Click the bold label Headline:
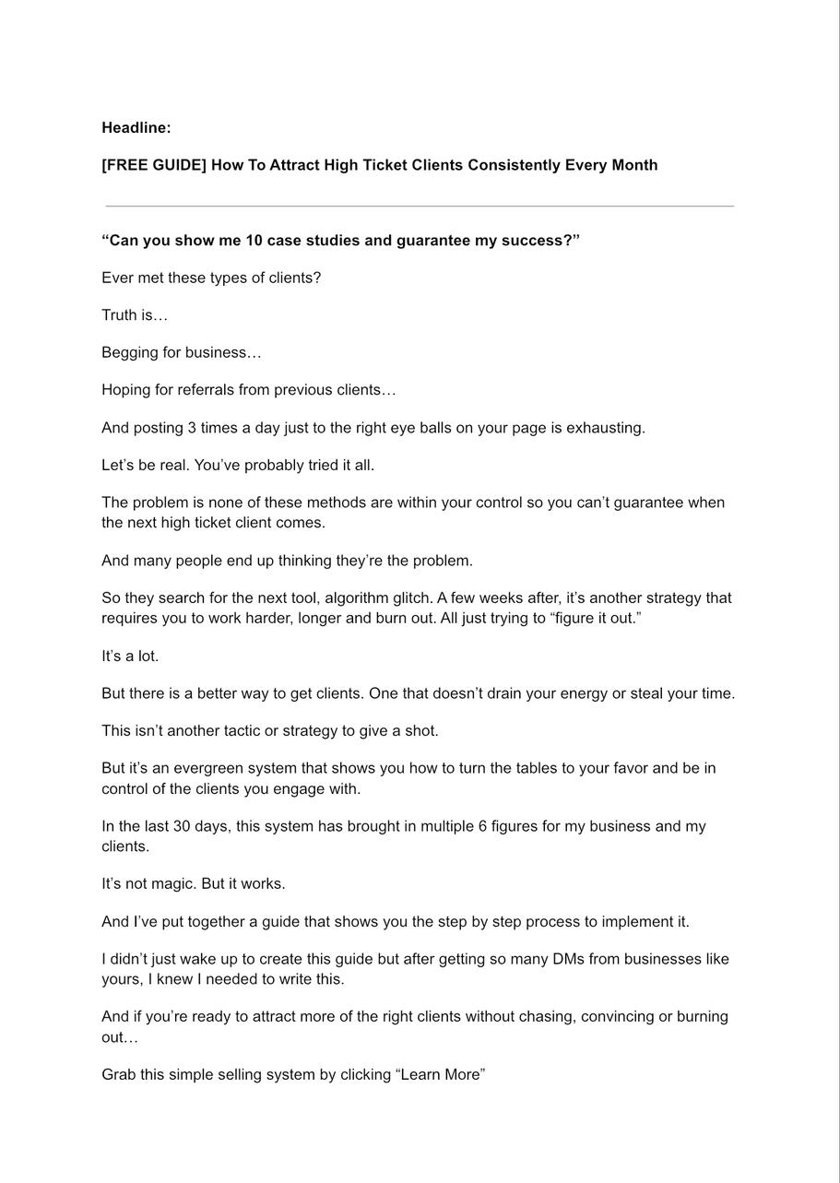click(x=136, y=128)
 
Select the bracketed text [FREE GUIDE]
click(x=153, y=165)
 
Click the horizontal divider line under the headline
click(x=420, y=206)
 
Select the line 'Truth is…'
click(x=135, y=315)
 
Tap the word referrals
click(x=206, y=390)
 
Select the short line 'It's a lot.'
click(x=130, y=657)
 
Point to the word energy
click(x=583, y=693)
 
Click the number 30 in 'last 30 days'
click(x=182, y=826)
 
